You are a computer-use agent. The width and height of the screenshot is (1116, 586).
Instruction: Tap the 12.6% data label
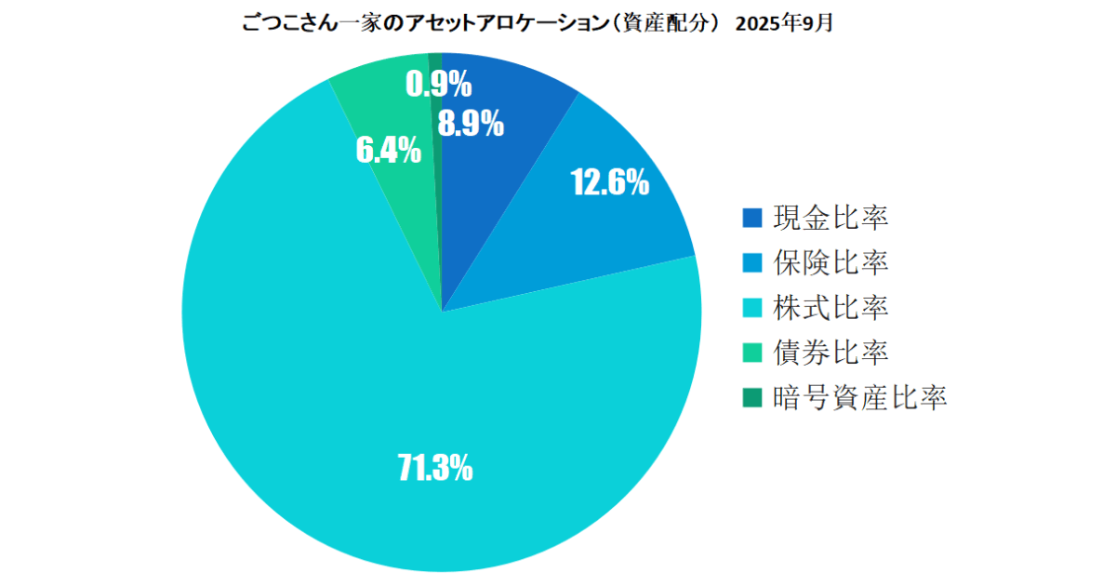click(609, 183)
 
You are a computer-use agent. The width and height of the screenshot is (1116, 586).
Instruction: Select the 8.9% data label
click(472, 123)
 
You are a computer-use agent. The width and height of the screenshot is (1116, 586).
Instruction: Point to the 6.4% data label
click(388, 150)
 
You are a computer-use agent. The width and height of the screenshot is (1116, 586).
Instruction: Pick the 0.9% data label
click(439, 86)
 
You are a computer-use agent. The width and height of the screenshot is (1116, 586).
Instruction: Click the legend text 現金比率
click(830, 218)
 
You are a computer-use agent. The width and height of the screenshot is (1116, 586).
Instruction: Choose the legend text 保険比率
click(830, 262)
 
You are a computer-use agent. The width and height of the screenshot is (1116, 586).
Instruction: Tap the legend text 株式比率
click(830, 307)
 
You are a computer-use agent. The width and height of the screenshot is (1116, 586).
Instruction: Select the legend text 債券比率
click(830, 353)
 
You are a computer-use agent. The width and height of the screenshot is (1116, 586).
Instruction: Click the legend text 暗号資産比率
click(859, 397)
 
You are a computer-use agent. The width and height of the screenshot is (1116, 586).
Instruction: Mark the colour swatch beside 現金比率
click(752, 219)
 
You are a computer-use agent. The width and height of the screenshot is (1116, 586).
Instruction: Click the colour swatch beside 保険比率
click(752, 263)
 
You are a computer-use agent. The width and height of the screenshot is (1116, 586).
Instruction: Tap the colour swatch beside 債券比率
click(752, 353)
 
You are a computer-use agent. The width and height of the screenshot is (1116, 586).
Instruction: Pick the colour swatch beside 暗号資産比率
click(752, 398)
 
